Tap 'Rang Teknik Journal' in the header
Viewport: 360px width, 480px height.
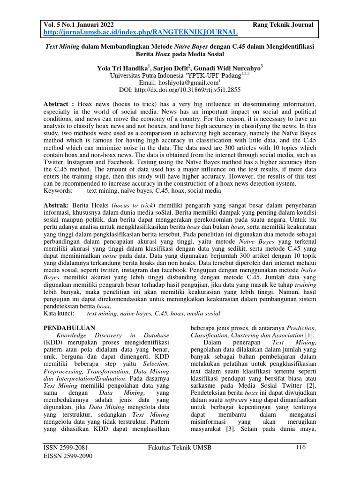click(x=283, y=24)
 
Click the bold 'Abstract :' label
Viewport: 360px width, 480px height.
click(x=59, y=103)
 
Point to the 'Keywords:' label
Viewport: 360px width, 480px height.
click(x=58, y=191)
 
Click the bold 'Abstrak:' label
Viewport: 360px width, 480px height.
click(x=56, y=206)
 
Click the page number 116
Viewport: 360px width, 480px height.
click(x=301, y=448)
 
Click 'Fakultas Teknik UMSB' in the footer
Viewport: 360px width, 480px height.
click(x=180, y=448)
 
